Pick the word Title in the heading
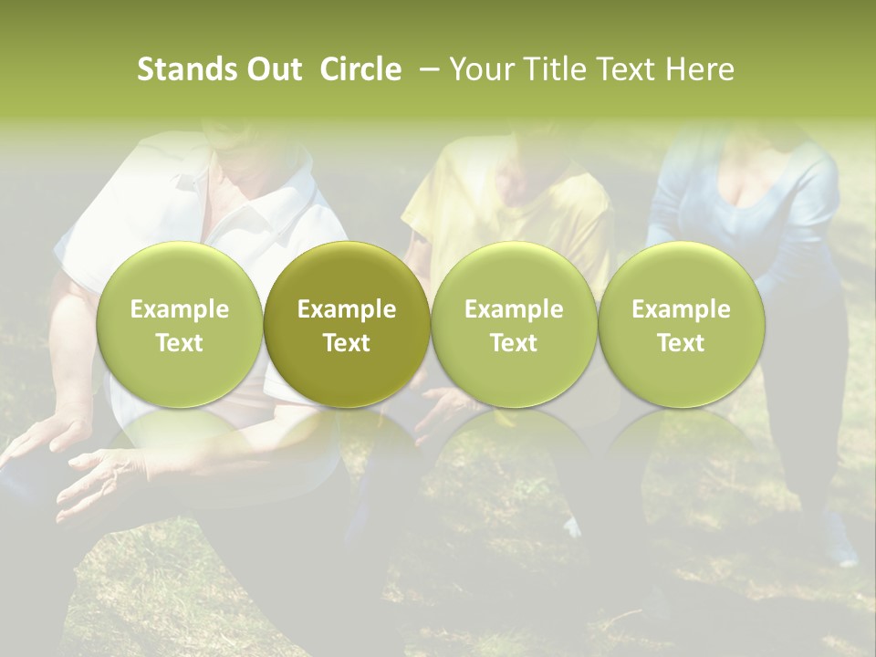pos(558,69)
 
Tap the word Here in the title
pos(700,69)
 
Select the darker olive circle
pos(347,325)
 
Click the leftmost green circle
pos(180,325)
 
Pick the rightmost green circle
pos(682,325)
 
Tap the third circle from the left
pos(514,325)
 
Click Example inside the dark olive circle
pos(347,309)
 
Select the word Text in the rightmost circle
pos(682,342)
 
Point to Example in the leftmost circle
pos(180,309)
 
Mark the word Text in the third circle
pos(514,342)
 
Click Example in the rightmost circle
pos(682,309)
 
